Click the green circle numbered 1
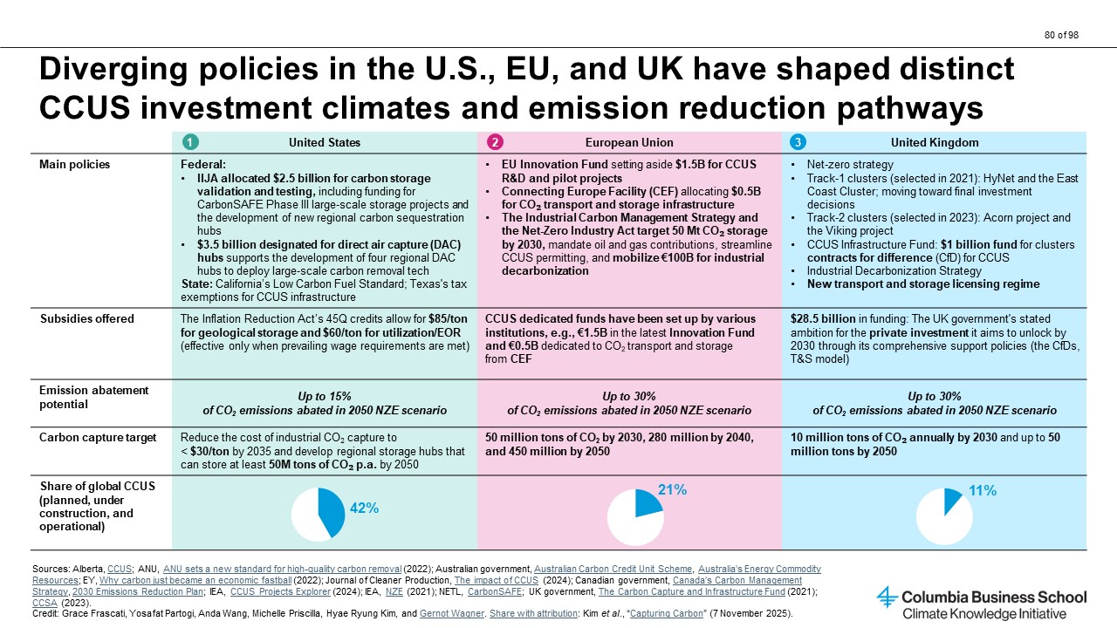[190, 142]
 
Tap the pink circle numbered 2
[495, 142]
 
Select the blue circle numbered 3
[798, 142]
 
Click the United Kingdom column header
[935, 142]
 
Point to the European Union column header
[629, 142]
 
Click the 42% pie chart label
[364, 508]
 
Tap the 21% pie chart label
[672, 490]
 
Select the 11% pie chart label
[983, 491]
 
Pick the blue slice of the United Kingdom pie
[951, 500]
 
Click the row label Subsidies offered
[87, 319]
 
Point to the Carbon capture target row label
[98, 438]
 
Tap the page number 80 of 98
[1062, 35]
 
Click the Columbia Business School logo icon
[887, 597]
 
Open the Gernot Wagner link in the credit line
[452, 613]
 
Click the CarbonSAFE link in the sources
[495, 591]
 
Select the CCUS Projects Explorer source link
[280, 591]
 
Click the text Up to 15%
[325, 396]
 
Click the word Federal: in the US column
[203, 165]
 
